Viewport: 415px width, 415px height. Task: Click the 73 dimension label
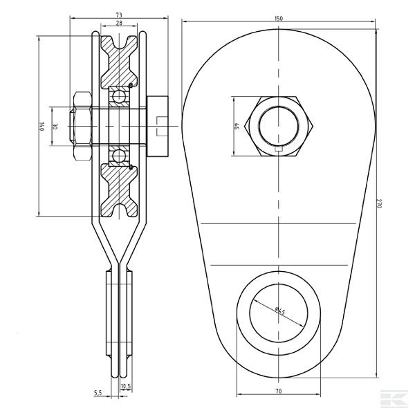[119, 15]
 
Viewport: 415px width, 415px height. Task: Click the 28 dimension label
[119, 23]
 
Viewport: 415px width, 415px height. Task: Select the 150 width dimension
[279, 18]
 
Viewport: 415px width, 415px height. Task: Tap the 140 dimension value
[41, 127]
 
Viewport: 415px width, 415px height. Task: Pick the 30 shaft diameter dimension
[55, 127]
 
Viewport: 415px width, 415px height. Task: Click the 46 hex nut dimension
[237, 126]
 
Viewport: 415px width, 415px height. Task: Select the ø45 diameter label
[280, 311]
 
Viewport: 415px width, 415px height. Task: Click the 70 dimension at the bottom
[279, 391]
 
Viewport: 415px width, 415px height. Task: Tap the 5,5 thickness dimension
[98, 392]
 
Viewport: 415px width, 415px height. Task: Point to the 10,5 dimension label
[126, 387]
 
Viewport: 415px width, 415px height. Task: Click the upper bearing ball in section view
[119, 97]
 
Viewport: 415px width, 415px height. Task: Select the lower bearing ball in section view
[119, 156]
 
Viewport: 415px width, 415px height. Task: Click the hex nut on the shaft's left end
[81, 127]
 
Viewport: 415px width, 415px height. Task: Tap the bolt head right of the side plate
[157, 127]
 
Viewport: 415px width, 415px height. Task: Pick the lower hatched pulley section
[119, 190]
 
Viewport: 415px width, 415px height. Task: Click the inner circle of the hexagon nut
[279, 126]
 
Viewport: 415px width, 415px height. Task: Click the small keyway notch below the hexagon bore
[279, 149]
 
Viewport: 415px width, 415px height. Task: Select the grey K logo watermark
[394, 398]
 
